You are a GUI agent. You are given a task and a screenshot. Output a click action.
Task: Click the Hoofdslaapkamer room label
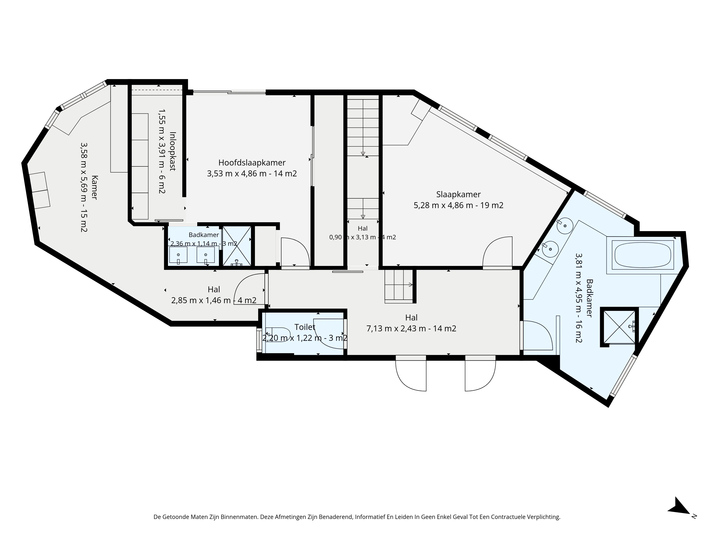[x=252, y=162]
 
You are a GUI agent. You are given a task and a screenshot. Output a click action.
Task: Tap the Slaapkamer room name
[x=458, y=194]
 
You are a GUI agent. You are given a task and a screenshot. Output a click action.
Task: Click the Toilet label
[x=305, y=327]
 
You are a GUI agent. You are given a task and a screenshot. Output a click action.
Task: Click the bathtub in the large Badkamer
[x=642, y=255]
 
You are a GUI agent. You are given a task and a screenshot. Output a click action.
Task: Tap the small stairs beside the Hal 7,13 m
[x=399, y=286]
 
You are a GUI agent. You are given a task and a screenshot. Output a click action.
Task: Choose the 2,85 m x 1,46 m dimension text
[x=200, y=300]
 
